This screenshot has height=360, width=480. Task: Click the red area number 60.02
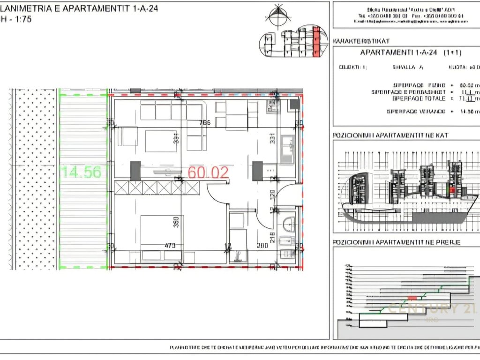208,172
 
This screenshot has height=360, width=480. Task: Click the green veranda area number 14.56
81,172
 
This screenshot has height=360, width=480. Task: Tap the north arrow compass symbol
277,15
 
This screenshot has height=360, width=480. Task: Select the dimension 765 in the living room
204,123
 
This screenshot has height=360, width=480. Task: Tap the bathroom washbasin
288,224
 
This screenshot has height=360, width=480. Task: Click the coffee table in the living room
160,141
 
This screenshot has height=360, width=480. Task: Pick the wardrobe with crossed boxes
157,188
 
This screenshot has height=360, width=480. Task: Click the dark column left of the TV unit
135,171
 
